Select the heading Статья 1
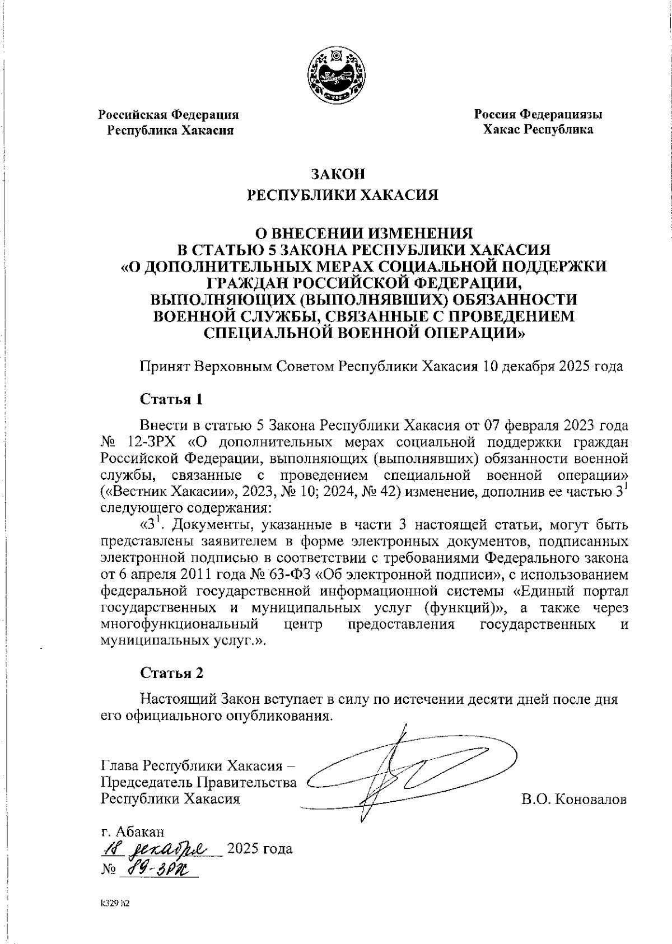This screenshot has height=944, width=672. click(x=171, y=399)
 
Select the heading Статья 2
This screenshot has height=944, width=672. click(x=171, y=673)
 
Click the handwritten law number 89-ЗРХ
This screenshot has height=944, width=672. click(x=162, y=870)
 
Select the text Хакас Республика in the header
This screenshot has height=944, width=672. click(x=538, y=130)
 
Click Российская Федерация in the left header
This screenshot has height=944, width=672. click(x=169, y=115)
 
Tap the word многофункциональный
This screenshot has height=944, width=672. click(x=179, y=624)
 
